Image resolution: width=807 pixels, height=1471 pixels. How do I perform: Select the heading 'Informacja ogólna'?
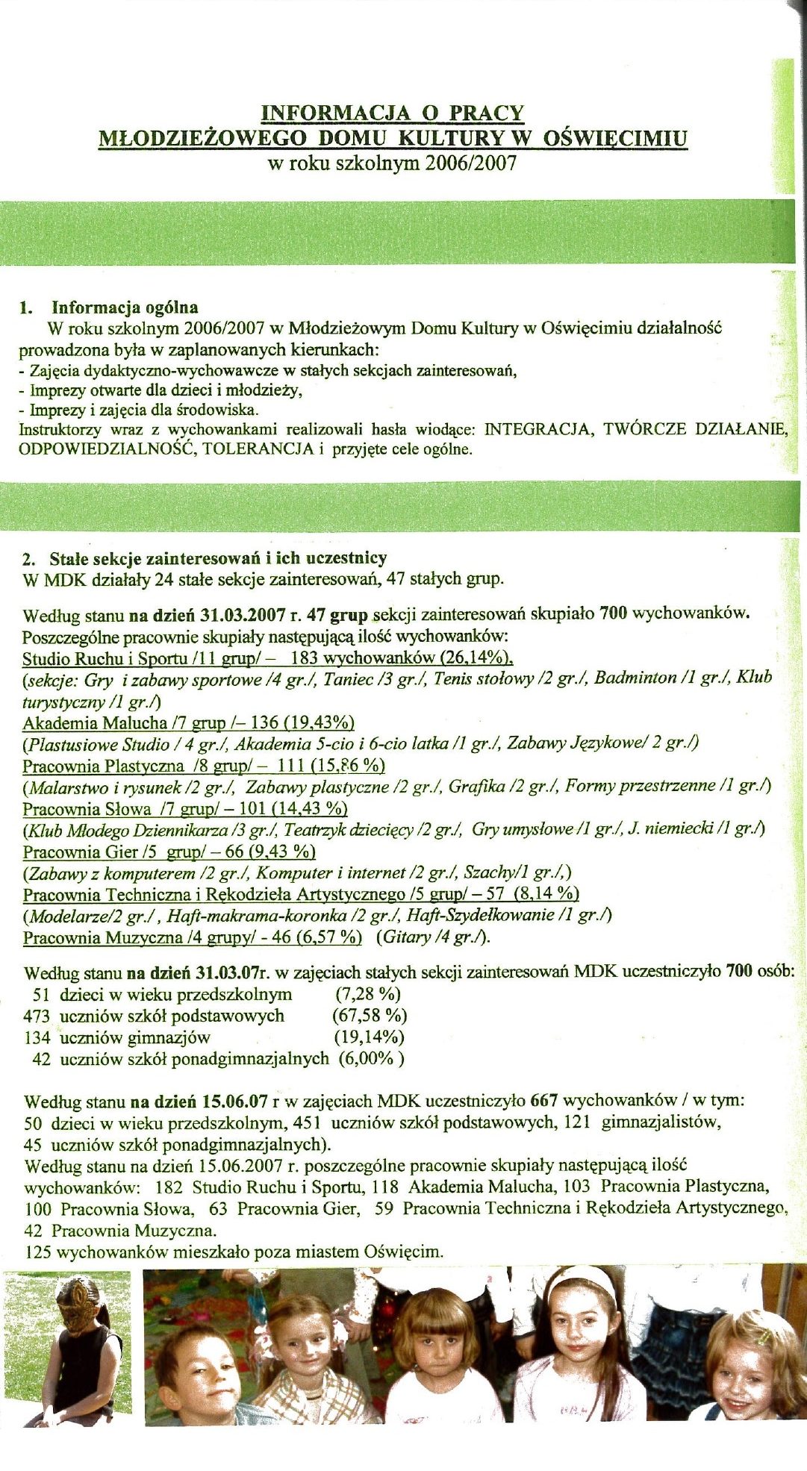pos(125,307)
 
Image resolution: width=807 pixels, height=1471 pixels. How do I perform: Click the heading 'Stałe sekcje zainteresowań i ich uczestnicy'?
pos(218,558)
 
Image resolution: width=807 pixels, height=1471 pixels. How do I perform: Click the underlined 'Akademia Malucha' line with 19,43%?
pos(188,722)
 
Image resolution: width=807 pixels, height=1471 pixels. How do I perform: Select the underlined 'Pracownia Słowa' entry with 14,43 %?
pos(185,809)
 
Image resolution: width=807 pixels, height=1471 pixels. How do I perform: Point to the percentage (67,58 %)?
pos(370,1015)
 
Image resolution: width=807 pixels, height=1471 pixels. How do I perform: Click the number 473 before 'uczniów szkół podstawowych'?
pos(37,1016)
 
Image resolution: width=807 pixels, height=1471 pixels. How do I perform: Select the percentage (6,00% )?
pos(371,1058)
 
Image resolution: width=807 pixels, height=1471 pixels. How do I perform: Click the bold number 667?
pos(543,1100)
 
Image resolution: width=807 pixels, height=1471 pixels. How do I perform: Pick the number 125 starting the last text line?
pos(38,1252)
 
